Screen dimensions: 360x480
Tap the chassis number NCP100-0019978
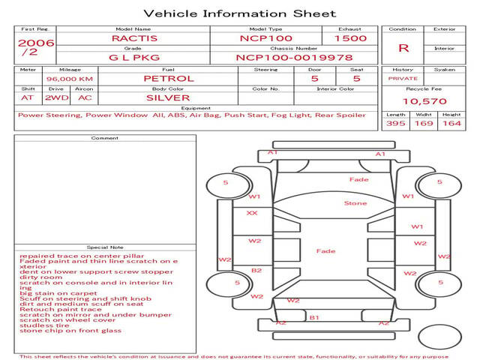pyautogui.click(x=293, y=57)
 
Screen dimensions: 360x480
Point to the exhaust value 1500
pyautogui.click(x=350, y=38)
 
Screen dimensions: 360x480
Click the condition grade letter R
pyautogui.click(x=403, y=48)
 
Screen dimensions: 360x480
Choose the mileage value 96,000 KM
pyautogui.click(x=69, y=79)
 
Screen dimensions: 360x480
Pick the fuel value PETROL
pyautogui.click(x=168, y=78)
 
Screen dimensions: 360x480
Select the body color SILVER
pyautogui.click(x=168, y=97)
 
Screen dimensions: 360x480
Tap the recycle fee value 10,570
pyautogui.click(x=424, y=101)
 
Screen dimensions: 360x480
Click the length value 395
pyautogui.click(x=396, y=123)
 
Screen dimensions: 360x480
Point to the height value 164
pyautogui.click(x=451, y=123)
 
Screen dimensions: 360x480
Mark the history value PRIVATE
pyautogui.click(x=403, y=78)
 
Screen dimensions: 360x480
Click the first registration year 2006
pyautogui.click(x=36, y=43)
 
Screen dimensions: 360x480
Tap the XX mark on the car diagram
pyautogui.click(x=252, y=213)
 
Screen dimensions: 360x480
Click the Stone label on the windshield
pyautogui.click(x=355, y=203)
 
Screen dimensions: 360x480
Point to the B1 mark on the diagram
pyautogui.click(x=314, y=318)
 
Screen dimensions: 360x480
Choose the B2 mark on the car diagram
pyautogui.click(x=256, y=270)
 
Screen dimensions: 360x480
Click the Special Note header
pyautogui.click(x=104, y=247)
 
